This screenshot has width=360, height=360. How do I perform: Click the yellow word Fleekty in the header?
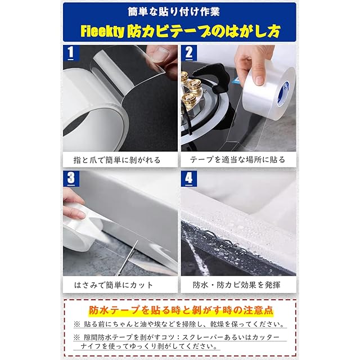(x=102, y=31)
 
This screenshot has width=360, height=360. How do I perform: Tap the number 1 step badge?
(x=71, y=53)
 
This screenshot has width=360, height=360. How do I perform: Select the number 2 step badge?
(x=189, y=53)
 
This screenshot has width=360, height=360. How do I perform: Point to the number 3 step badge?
(x=71, y=178)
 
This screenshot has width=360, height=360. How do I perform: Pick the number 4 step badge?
(x=189, y=178)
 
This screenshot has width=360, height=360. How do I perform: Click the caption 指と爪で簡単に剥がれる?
(x=117, y=160)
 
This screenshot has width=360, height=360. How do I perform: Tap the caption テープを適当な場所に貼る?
(x=237, y=160)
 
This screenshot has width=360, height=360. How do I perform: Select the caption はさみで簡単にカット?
(x=114, y=285)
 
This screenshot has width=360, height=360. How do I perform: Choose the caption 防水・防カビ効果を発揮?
(x=236, y=285)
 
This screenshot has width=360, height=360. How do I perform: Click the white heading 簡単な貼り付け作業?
(x=174, y=12)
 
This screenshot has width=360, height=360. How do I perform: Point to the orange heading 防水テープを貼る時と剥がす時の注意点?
(x=181, y=310)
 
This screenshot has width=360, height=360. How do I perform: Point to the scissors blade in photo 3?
(x=128, y=258)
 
